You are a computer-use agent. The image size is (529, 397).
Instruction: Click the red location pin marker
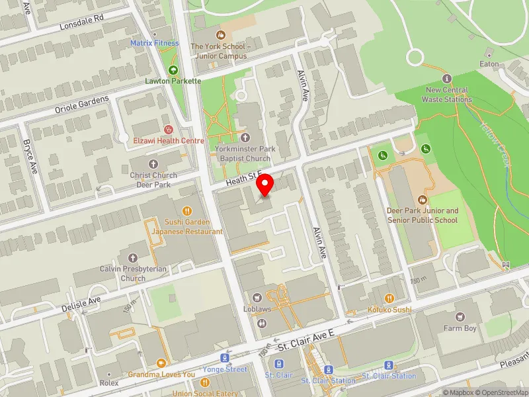pos(265,185)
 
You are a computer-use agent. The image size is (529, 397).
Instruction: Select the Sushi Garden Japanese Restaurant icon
pos(187,211)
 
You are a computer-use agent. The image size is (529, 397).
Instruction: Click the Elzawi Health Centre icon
pos(169,130)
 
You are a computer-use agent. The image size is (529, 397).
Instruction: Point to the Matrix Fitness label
pos(155,43)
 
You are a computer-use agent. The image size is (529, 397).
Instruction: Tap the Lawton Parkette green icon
pos(173,69)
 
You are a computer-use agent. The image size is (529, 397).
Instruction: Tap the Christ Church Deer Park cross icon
pos(153,163)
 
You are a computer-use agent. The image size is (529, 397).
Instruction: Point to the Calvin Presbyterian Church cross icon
pos(132,257)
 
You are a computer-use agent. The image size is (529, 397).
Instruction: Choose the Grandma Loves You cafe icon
pos(161,363)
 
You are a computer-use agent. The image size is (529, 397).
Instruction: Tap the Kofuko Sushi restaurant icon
pos(389,298)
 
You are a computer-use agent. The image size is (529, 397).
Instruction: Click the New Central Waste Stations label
pos(447,95)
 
